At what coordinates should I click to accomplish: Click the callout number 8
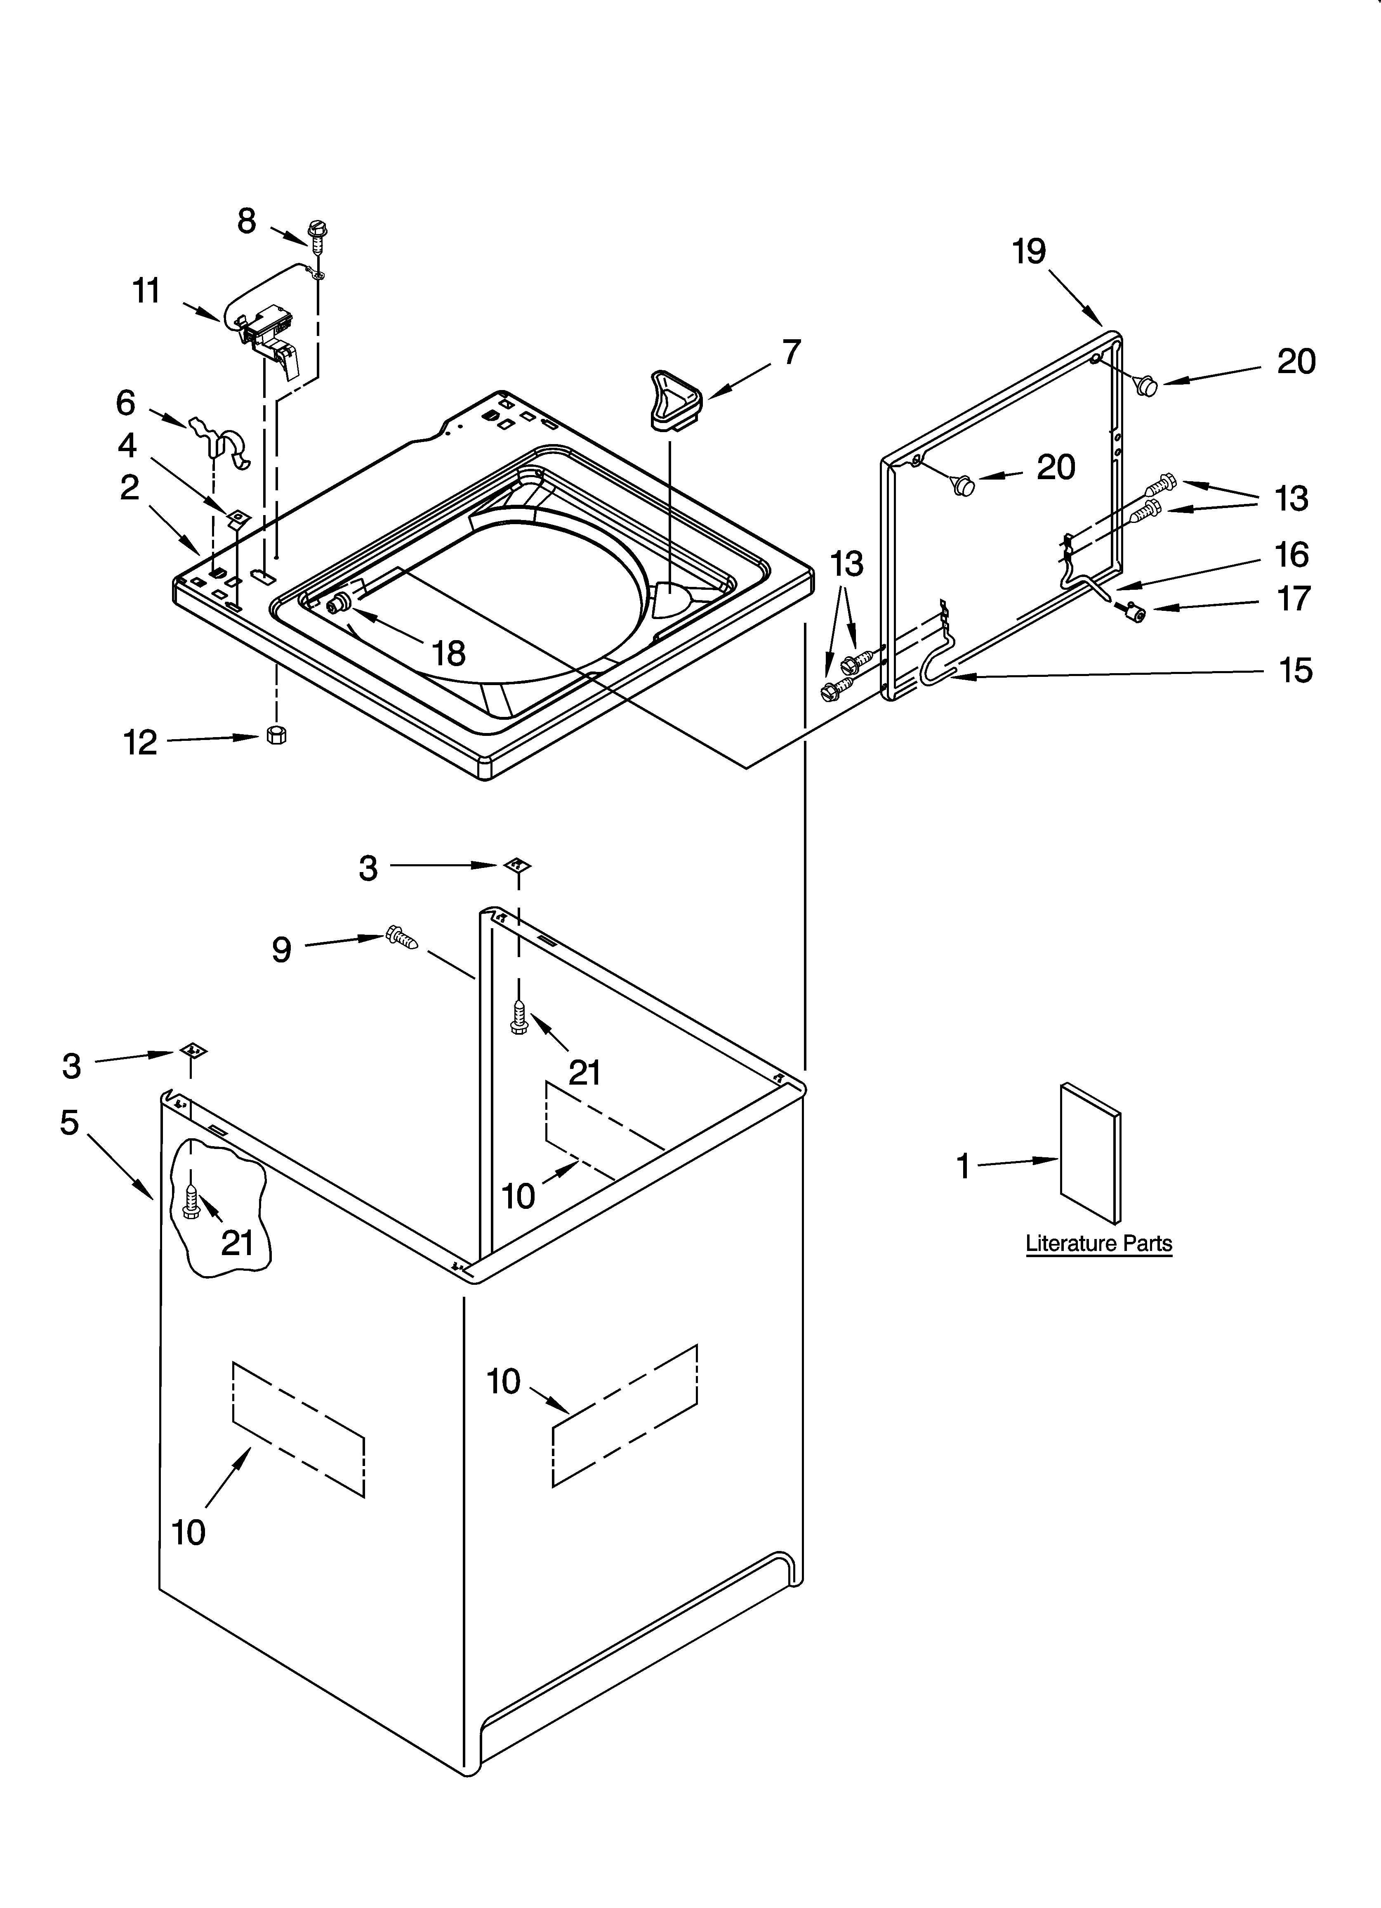pyautogui.click(x=246, y=221)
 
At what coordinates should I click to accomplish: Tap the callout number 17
pyautogui.click(x=1294, y=598)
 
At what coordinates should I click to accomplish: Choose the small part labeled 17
pyautogui.click(x=1139, y=614)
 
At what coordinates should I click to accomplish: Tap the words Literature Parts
pyautogui.click(x=1098, y=1244)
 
